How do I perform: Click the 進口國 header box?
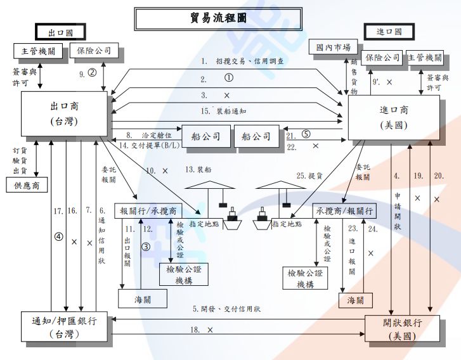tap(389, 32)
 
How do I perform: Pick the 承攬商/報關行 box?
tap(343, 210)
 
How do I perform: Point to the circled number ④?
tap(60, 236)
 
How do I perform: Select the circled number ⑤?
tap(306, 134)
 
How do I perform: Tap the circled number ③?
tap(145, 247)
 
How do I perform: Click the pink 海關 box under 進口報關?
tap(356, 300)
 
